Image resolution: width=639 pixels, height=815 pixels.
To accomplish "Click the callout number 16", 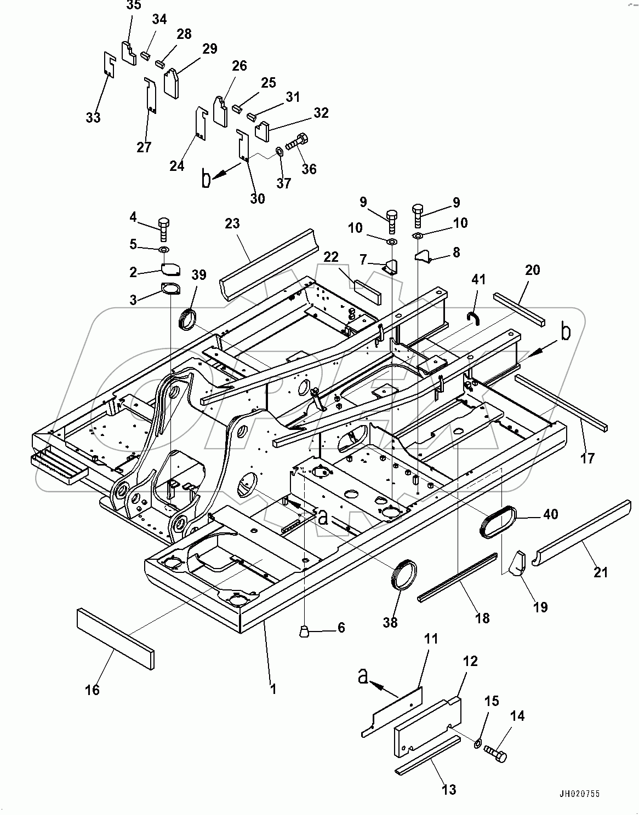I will [x=93, y=690].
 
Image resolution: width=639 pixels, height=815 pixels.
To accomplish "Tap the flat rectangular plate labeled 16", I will [x=116, y=639].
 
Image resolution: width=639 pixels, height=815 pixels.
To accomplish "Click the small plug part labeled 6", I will [x=304, y=633].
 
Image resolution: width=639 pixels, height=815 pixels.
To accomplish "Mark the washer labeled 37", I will [x=279, y=150].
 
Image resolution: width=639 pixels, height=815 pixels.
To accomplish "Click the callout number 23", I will [x=232, y=223].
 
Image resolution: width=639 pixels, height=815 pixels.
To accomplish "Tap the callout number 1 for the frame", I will [x=273, y=688].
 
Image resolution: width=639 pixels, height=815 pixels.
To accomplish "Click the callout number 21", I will [x=601, y=572].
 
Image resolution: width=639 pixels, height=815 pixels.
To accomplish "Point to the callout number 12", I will [x=470, y=661].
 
